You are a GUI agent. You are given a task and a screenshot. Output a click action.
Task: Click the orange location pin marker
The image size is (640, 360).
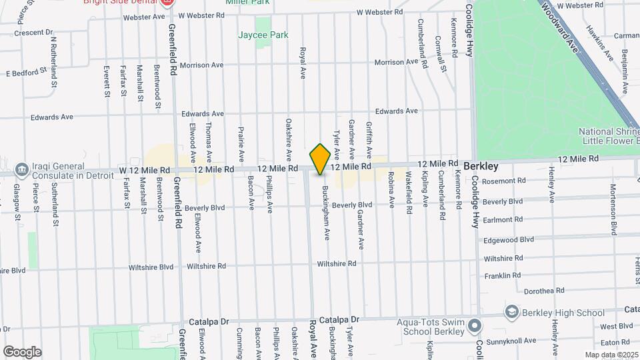point(320,159)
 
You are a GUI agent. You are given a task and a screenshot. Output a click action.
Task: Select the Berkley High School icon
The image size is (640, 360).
point(511,312)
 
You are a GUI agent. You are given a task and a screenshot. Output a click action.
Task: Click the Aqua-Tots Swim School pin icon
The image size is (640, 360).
point(474,327)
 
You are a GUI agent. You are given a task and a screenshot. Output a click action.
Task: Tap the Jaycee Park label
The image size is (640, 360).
point(264,35)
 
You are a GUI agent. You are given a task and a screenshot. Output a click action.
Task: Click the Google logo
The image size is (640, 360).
point(22,351)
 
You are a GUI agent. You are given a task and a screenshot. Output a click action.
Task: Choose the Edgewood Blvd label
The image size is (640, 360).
point(509,239)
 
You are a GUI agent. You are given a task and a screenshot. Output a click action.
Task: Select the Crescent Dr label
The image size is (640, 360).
point(33,32)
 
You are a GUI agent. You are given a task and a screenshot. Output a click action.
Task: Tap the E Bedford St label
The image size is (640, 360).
point(27,71)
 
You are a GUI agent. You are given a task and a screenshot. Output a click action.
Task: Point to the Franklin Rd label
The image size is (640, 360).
point(503,275)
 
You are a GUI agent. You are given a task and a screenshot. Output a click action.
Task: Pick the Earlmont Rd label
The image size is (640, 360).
point(503,219)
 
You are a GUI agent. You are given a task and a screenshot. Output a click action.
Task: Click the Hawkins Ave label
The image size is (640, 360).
point(599,42)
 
